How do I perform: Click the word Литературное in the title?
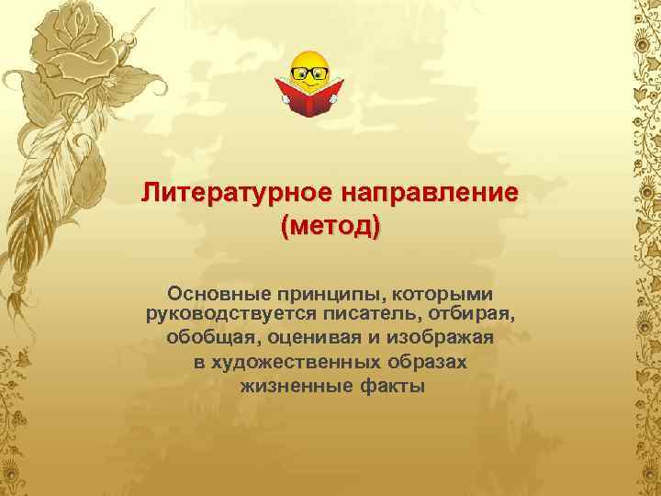[x=237, y=194]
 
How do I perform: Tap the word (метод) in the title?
[x=330, y=225]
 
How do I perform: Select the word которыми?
[x=441, y=294]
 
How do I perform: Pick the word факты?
[x=385, y=385]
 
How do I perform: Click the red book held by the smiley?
[x=309, y=98]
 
